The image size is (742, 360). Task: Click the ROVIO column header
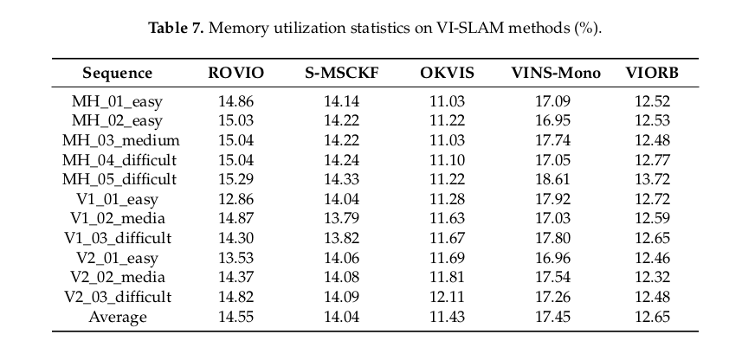coord(236,73)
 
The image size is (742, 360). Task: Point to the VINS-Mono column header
coord(556,73)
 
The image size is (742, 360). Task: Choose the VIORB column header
coord(652,73)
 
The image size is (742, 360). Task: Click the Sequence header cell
coord(118,73)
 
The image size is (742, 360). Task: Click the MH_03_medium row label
coord(119,140)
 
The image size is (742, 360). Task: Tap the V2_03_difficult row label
coord(119,297)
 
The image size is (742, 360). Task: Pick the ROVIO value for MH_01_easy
coord(236,101)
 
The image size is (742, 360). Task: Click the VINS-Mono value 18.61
coord(556,179)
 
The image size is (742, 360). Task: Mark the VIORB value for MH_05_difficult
coord(652,179)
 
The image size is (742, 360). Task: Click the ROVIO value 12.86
coord(236,199)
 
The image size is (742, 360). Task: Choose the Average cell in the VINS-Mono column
coord(556,317)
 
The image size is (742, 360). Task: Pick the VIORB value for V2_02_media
coord(652,277)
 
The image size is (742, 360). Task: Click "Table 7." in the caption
coord(176,29)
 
